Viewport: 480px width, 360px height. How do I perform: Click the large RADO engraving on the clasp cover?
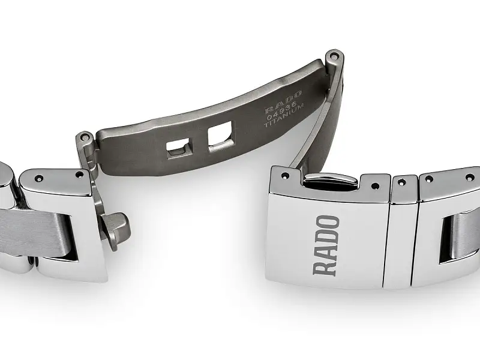[x=327, y=245]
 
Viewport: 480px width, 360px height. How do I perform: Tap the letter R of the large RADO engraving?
[x=327, y=265]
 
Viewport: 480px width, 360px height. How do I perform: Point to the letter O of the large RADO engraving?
[x=328, y=223]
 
